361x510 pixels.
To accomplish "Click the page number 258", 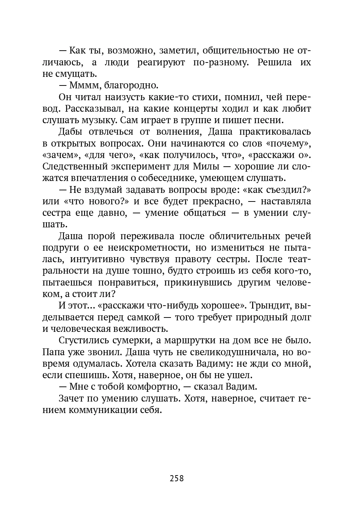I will pos(176,478).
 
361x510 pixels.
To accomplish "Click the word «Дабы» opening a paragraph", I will pos(71,132).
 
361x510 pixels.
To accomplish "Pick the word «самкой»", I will pos(143,317).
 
